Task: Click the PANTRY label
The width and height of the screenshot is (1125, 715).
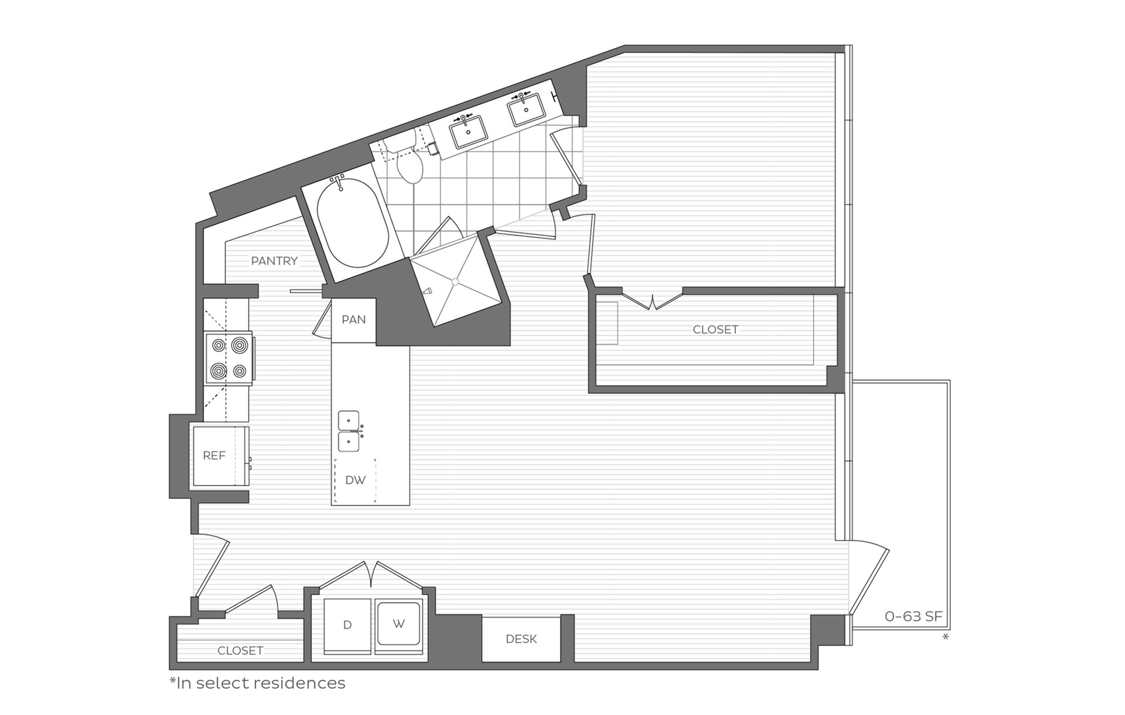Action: point(274,261)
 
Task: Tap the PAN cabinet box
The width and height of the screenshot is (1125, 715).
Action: point(353,320)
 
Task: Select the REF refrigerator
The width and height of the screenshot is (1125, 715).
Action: point(214,455)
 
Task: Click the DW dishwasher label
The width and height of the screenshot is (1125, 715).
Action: point(355,480)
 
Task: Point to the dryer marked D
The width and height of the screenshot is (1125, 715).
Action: point(347,625)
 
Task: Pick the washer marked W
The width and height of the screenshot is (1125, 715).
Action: point(399,624)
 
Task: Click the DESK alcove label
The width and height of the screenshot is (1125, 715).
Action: point(521,639)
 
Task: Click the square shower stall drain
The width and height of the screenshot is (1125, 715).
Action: point(455,282)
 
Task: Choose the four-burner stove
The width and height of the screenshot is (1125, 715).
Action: point(229,358)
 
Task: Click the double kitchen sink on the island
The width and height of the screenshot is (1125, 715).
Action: point(349,431)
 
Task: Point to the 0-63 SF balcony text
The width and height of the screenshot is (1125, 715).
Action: point(913,617)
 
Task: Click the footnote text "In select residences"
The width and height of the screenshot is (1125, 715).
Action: point(258,683)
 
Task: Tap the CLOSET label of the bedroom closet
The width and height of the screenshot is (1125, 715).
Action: point(715,329)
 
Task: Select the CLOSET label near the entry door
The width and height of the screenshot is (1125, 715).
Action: point(240,651)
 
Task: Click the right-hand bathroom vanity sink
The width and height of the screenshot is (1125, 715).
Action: point(526,110)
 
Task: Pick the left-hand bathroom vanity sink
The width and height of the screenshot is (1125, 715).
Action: point(468,132)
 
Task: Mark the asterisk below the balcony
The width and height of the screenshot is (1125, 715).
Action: point(945,636)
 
